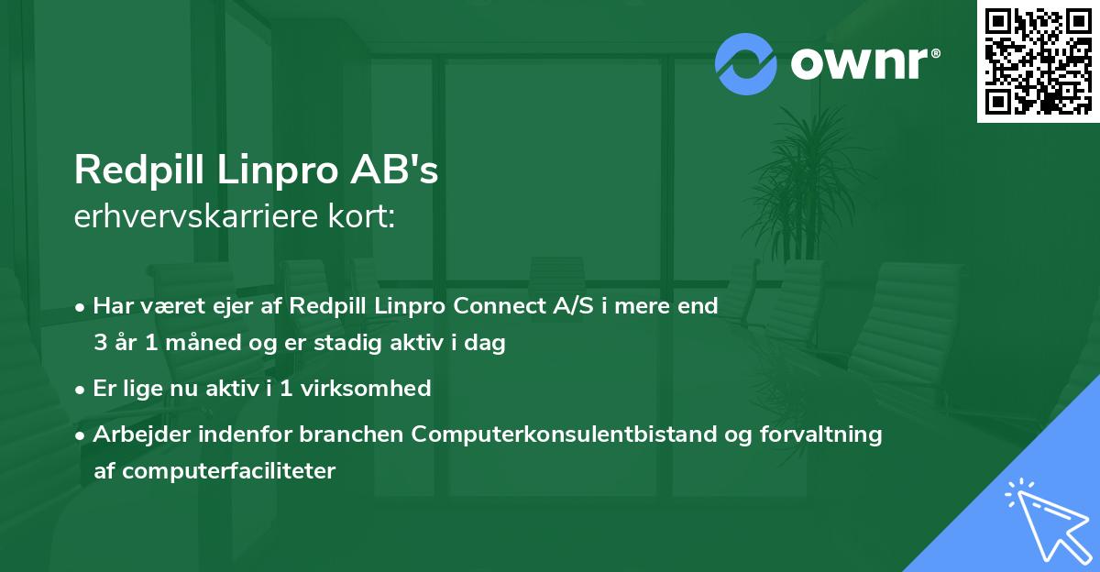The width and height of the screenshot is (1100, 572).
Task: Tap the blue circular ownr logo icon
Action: coord(745,64)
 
